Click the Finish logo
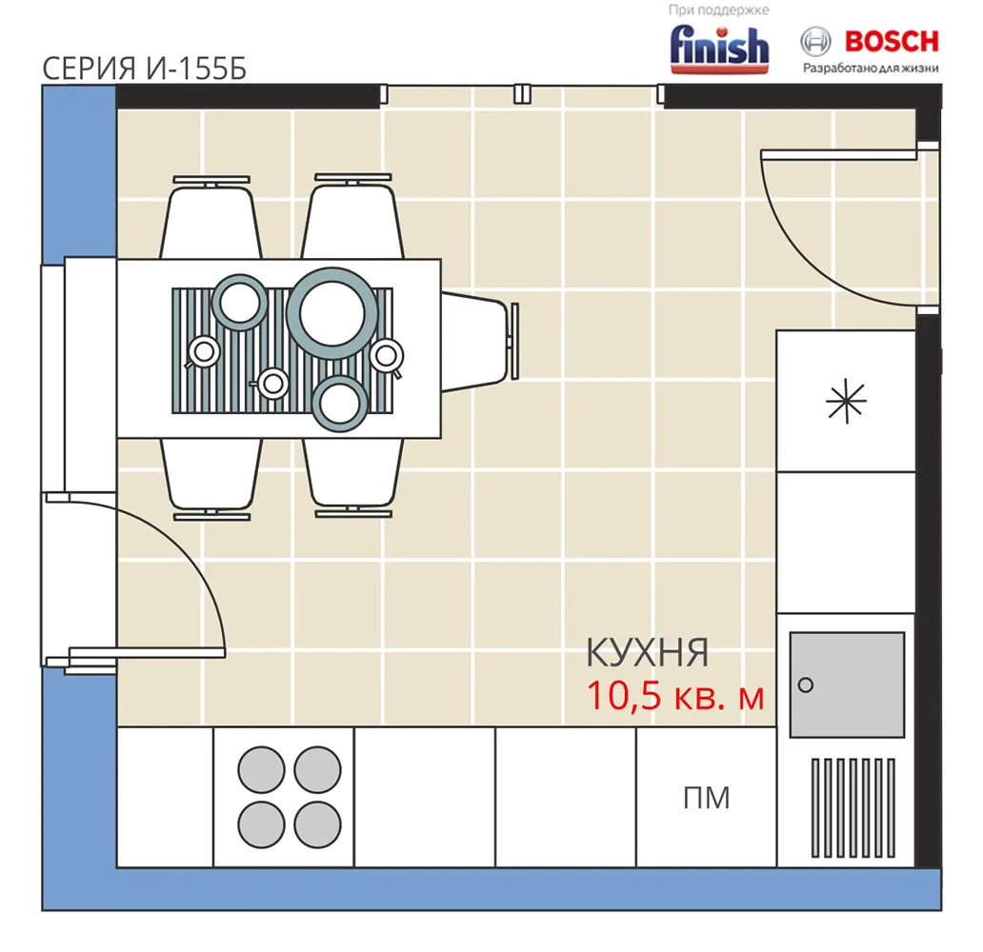[719, 49]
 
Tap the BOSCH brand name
[892, 41]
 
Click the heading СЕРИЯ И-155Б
[144, 69]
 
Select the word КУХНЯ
[647, 652]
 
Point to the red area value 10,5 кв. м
[675, 696]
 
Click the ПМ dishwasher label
[707, 798]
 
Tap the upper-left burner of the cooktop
[261, 769]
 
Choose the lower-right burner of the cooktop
[318, 824]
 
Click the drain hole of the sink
[806, 685]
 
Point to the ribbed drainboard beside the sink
[853, 808]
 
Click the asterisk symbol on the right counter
[847, 401]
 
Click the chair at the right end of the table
[479, 342]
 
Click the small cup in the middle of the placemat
[271, 384]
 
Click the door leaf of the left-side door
[147, 652]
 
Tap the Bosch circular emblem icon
[815, 42]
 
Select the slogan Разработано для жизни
[871, 69]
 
